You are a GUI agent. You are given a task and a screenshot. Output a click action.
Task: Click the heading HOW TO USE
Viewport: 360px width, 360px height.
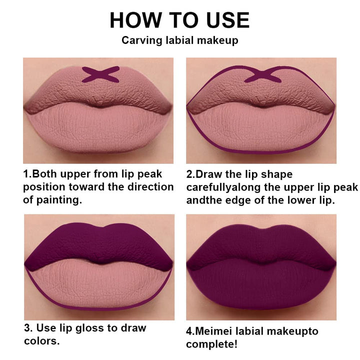point(179,20)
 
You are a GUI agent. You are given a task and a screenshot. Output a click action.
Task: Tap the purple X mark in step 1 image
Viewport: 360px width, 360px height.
point(100,74)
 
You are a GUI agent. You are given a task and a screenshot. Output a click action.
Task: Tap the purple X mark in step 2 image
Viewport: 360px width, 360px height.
point(263,74)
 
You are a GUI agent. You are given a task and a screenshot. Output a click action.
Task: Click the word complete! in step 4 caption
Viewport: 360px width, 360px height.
point(211,344)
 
